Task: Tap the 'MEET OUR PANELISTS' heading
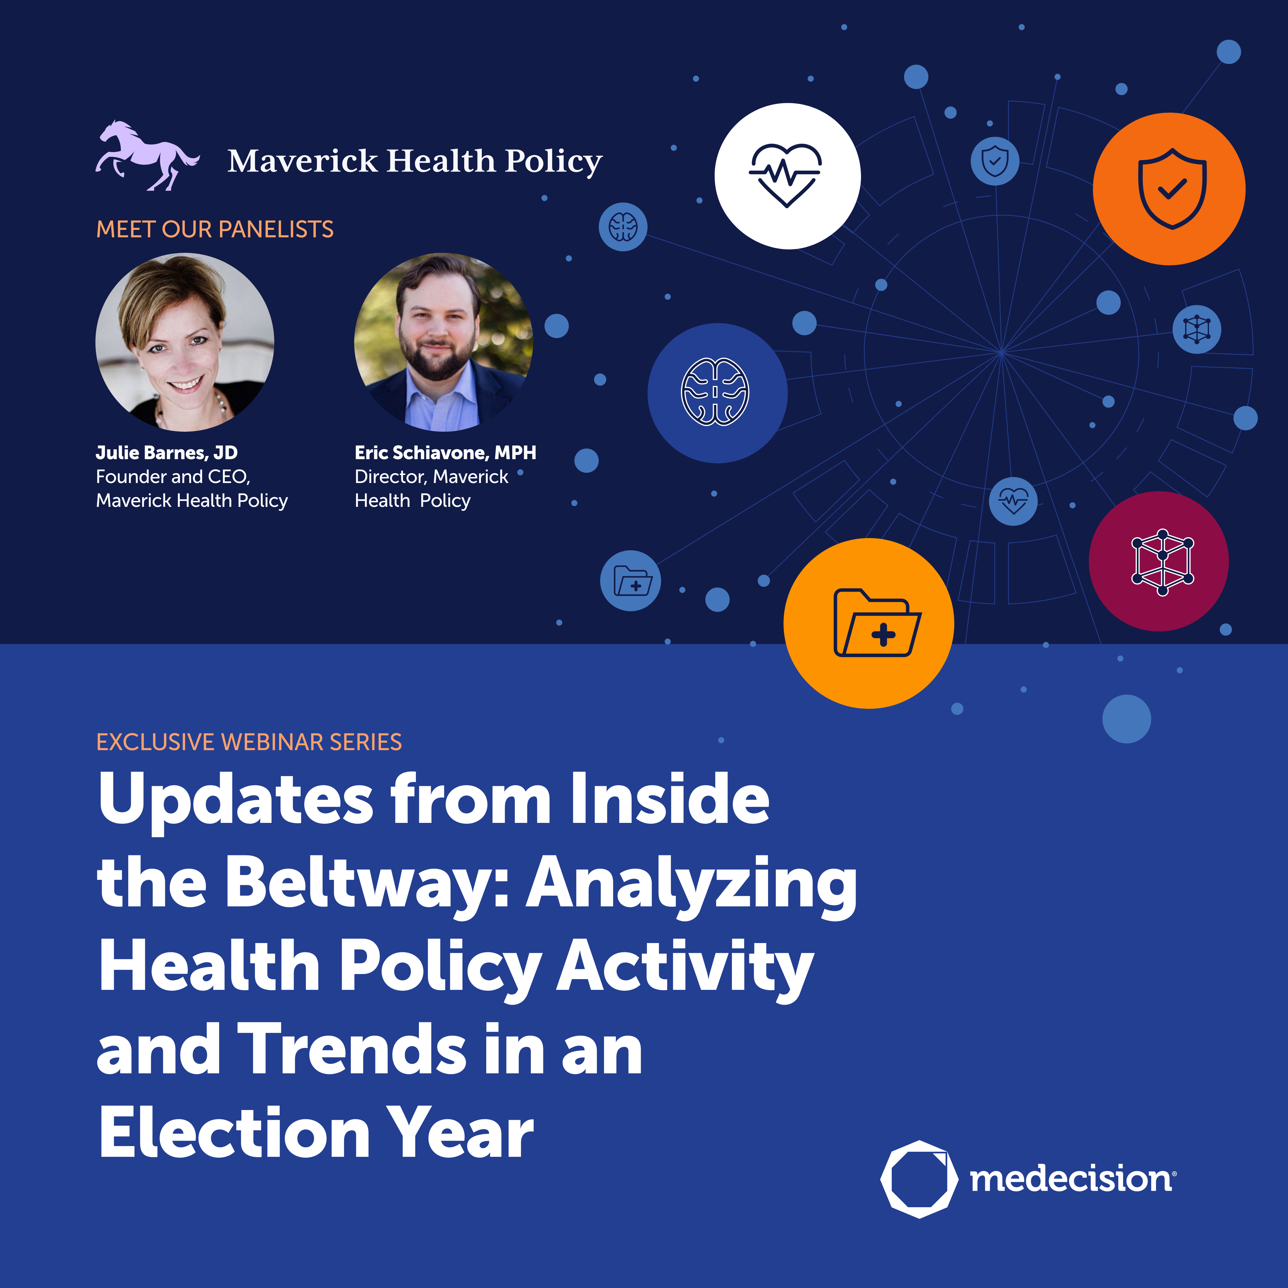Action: (x=215, y=229)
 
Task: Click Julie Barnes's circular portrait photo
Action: (x=185, y=342)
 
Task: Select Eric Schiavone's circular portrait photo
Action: (x=443, y=342)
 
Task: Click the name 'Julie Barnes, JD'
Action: (x=167, y=453)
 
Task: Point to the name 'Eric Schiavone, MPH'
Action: (x=445, y=453)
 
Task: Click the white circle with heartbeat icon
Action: (x=787, y=176)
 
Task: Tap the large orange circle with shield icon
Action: (x=1169, y=189)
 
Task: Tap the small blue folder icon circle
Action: (x=631, y=581)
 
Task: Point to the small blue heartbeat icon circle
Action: (x=1013, y=501)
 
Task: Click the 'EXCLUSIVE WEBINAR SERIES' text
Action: (x=249, y=742)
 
